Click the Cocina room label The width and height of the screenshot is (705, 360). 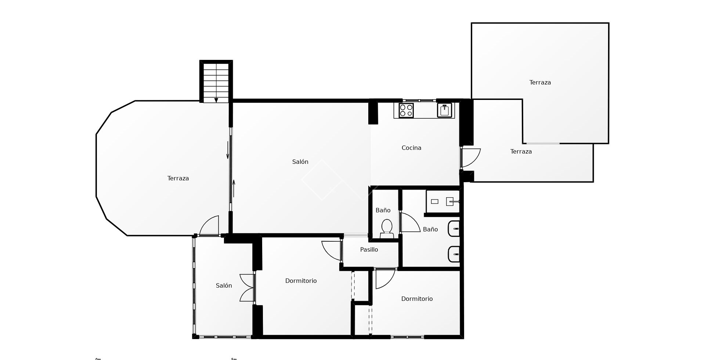coord(411,148)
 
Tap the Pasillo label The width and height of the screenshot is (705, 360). coord(369,249)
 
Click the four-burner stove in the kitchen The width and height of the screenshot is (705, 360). coord(406,110)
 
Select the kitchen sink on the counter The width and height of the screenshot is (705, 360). coord(444,110)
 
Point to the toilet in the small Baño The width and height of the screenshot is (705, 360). coord(387,228)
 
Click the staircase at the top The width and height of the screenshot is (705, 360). coord(216,81)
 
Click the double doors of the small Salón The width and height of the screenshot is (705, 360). coord(247,288)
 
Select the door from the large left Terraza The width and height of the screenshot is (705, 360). coord(209,226)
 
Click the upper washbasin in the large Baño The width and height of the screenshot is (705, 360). coord(454,229)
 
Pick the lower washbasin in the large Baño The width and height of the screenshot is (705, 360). coord(454,254)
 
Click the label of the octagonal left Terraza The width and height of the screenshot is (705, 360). coord(178,178)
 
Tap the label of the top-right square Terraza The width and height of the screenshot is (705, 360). coord(540,82)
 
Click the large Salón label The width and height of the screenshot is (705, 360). coord(300,162)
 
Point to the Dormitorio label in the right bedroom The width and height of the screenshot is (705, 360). coord(417,299)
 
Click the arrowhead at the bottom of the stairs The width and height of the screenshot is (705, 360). coord(216,100)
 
